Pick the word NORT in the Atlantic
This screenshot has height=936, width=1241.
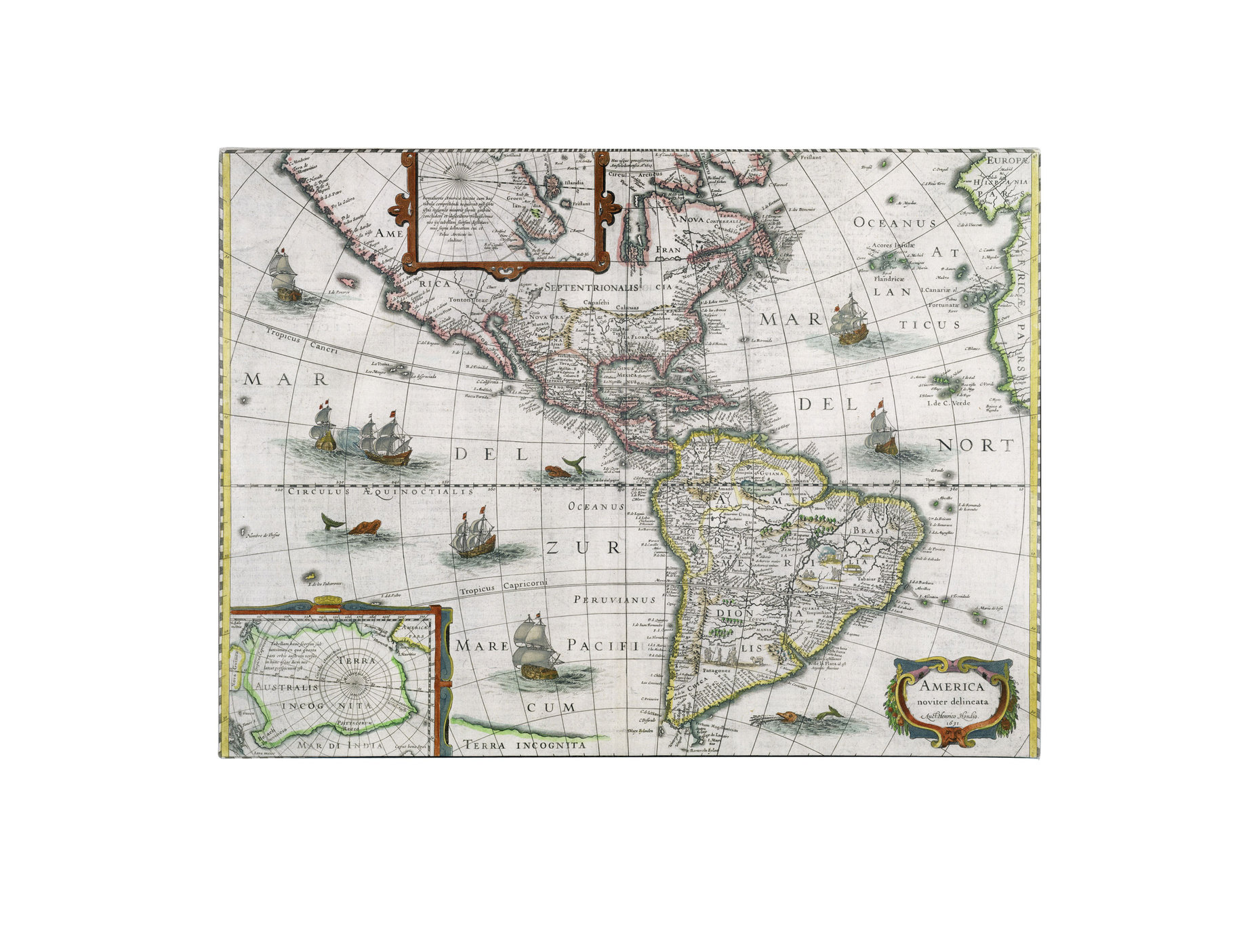976,445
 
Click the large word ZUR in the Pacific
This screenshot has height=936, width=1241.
583,548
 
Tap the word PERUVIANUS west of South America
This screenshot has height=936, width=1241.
615,600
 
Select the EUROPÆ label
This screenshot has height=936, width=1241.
1007,161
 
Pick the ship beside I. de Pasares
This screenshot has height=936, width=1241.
285,274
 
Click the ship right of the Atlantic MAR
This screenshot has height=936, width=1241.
849,321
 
